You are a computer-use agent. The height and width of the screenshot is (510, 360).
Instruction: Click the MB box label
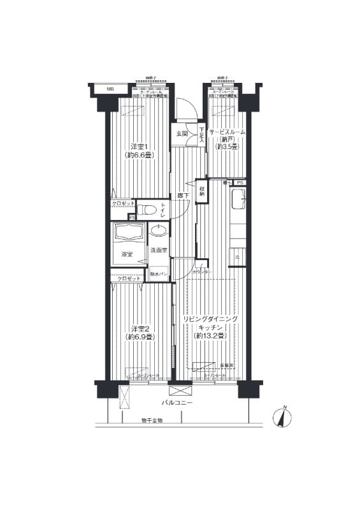click(110, 89)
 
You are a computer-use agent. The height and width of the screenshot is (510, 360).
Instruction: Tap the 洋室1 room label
click(140, 146)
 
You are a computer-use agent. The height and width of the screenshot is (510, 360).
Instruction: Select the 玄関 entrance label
click(182, 133)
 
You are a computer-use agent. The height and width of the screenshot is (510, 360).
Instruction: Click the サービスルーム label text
click(227, 131)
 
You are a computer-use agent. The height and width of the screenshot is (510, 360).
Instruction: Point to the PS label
click(240, 183)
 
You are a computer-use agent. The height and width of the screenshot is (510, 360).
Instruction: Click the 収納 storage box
click(202, 189)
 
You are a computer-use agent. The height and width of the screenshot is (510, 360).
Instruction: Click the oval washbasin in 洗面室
click(159, 230)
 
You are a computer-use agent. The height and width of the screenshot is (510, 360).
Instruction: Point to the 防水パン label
click(159, 274)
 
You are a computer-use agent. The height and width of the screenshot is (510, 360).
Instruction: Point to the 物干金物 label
click(152, 421)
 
